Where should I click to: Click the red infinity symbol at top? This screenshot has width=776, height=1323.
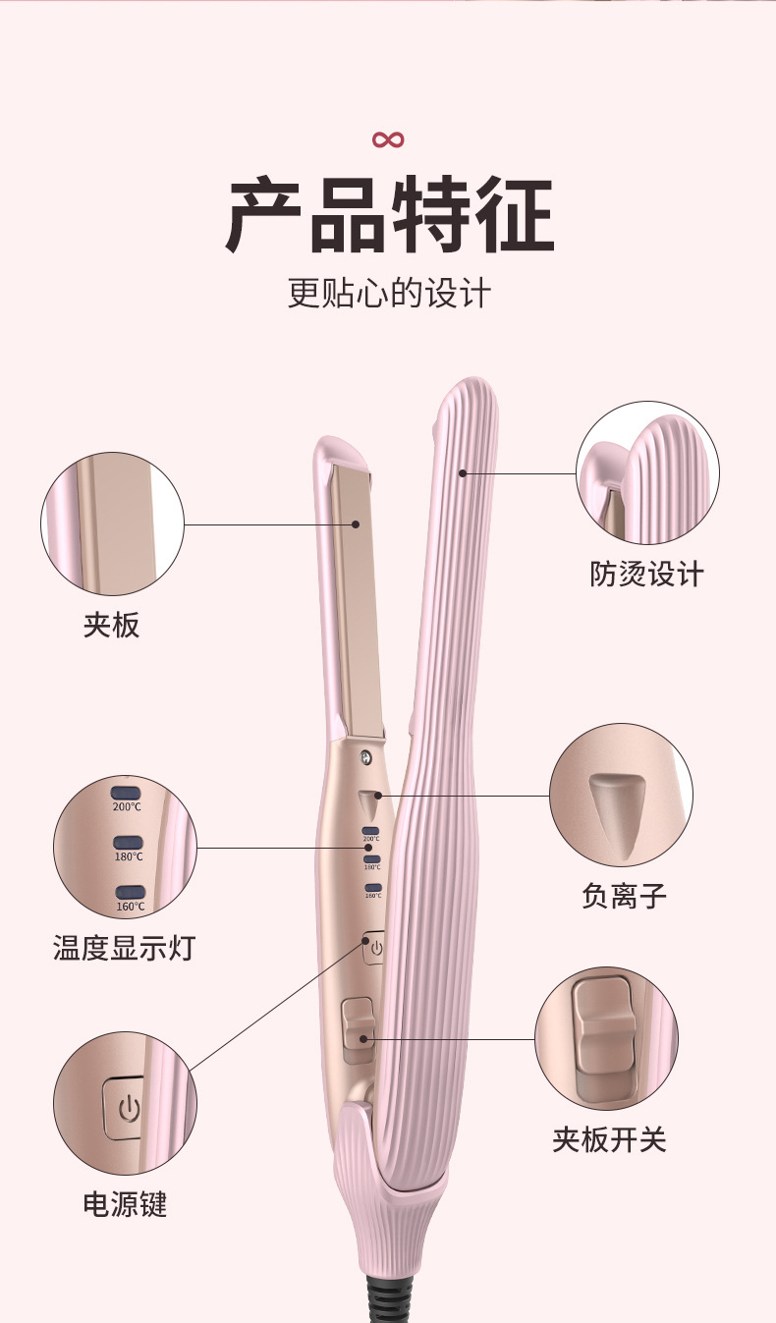tap(388, 139)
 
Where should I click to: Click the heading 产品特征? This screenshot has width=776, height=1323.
tap(389, 216)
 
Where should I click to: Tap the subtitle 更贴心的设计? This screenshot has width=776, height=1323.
tap(389, 293)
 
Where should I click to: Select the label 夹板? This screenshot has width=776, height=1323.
tap(112, 625)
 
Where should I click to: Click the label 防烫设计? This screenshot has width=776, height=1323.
tap(647, 574)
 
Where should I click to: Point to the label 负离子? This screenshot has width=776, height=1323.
tap(624, 895)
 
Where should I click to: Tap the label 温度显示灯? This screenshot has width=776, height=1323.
tap(124, 948)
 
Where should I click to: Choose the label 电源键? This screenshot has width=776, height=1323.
tap(125, 1204)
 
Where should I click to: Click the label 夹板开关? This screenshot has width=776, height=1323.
tap(609, 1139)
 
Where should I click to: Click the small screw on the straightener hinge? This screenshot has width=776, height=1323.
tap(366, 757)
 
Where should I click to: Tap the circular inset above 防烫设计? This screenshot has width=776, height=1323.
tap(647, 472)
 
